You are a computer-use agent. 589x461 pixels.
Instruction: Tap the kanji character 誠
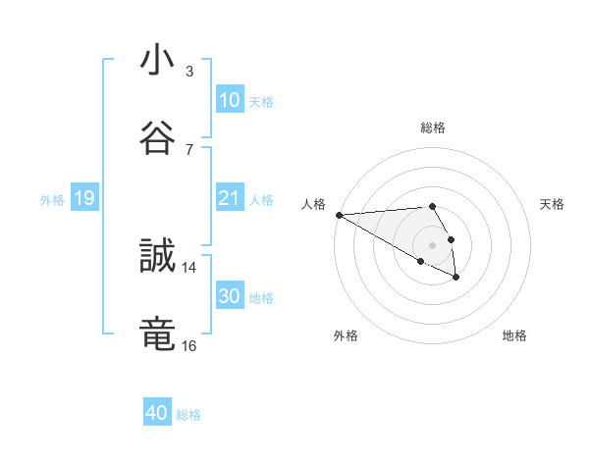coord(157,257)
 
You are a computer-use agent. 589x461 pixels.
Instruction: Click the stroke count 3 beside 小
coord(189,72)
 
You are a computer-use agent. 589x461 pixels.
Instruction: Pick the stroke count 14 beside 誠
coord(188,267)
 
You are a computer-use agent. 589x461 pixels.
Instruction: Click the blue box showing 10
coord(230,99)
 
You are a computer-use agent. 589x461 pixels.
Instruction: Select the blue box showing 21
coord(230,198)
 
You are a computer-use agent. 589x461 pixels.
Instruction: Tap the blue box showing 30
coord(230,296)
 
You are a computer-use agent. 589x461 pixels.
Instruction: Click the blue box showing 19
coord(84,198)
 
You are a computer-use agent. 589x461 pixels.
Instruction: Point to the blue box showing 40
coord(157,413)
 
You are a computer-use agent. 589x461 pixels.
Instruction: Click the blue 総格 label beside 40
coord(188,415)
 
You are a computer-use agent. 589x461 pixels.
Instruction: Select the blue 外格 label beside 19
coord(52,200)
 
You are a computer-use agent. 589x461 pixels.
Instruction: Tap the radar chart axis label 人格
coord(312,204)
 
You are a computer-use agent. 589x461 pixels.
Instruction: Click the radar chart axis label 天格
coord(552,204)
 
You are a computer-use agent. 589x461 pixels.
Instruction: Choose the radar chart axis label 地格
coord(514,335)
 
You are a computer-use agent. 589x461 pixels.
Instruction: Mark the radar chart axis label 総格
coord(432,128)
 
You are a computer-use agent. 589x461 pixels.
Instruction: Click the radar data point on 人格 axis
coord(339,215)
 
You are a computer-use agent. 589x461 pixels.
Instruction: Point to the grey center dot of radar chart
coord(432,244)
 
